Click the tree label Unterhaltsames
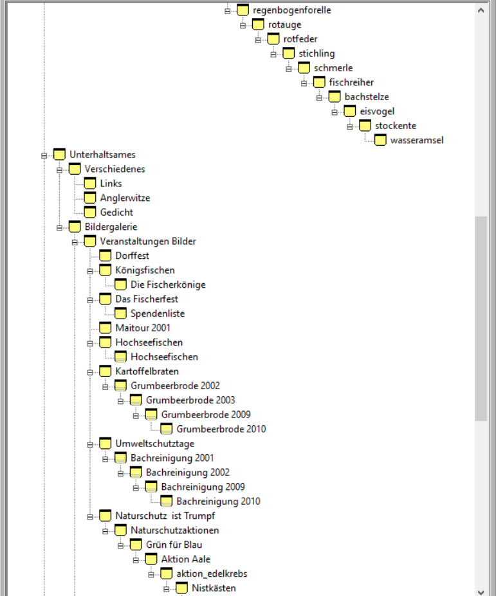[102, 155]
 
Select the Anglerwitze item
[125, 198]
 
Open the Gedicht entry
[116, 212]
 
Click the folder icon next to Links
[90, 184]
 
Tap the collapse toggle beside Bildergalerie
[60, 227]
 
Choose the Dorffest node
[132, 256]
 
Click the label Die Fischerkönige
[168, 285]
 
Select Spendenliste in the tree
[158, 313]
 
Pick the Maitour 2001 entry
[143, 328]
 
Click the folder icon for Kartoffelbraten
[106, 371]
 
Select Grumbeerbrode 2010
[221, 429]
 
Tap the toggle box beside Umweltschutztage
[91, 444]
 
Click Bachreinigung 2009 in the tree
[203, 487]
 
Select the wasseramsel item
[416, 140]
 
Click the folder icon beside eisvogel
[350, 111]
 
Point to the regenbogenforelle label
[292, 10]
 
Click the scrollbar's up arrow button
[481, 10]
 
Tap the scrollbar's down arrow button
[481, 591]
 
